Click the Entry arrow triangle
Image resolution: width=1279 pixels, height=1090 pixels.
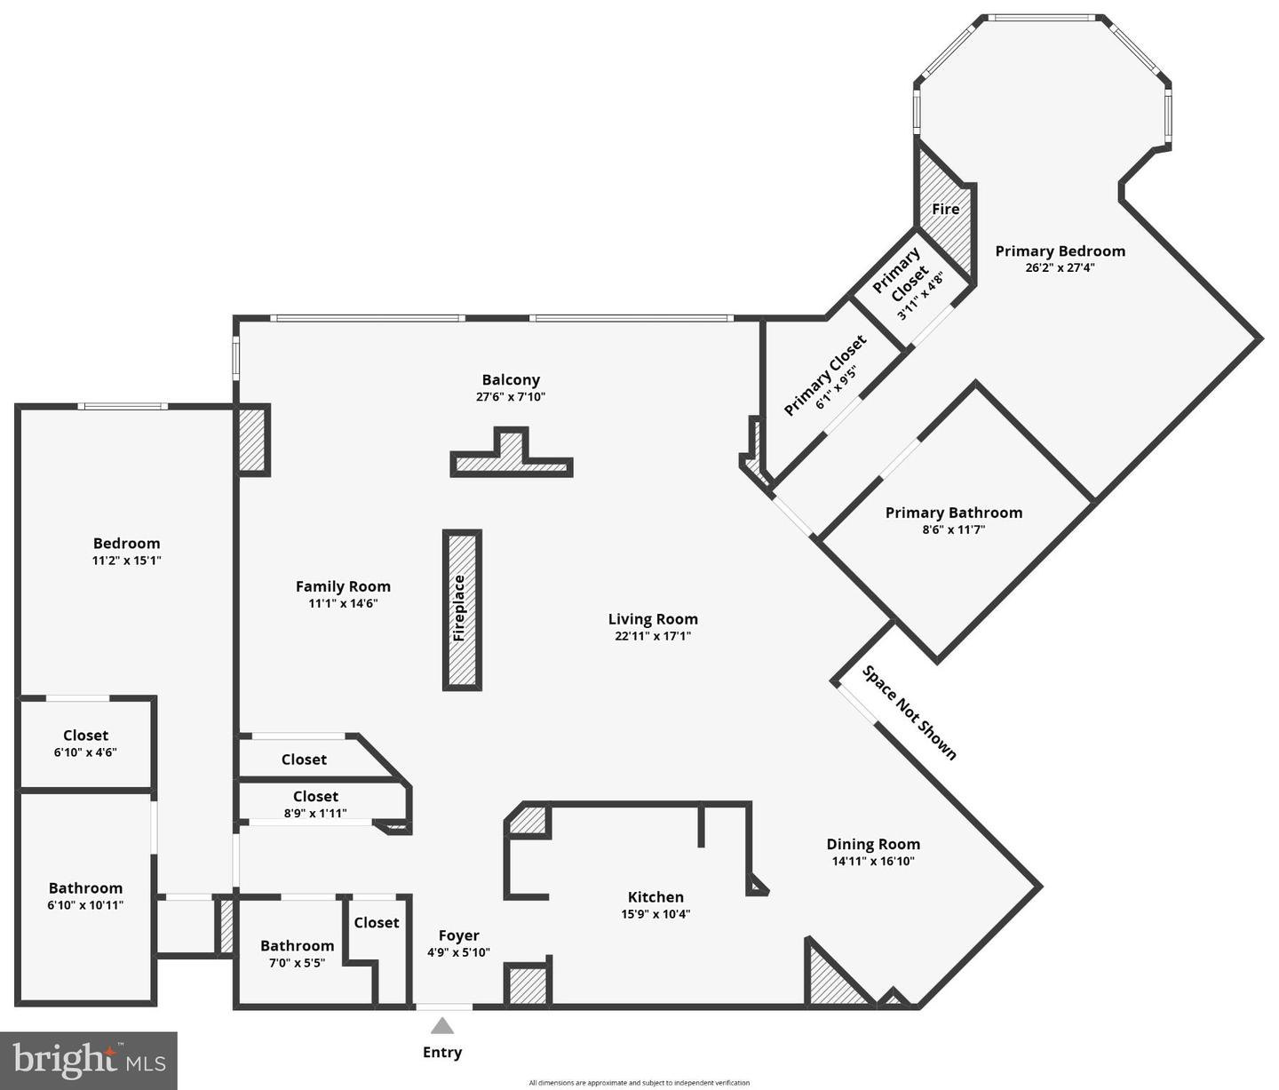[442, 1027]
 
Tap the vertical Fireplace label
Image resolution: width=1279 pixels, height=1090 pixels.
[459, 609]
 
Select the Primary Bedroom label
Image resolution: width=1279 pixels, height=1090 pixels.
[1060, 251]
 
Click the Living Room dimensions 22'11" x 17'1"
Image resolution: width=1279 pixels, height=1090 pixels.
[653, 636]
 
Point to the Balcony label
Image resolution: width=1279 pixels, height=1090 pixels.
[511, 380]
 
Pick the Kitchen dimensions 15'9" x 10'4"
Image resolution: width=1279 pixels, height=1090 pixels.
[655, 914]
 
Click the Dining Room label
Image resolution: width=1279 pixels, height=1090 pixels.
[873, 844]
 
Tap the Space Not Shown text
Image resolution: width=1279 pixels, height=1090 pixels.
[910, 713]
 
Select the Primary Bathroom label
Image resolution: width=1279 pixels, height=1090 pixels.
[953, 513]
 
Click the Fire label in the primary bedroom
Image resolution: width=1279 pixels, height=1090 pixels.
[945, 209]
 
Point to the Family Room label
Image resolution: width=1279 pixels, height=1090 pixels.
[343, 586]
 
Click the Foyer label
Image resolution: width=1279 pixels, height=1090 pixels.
[458, 935]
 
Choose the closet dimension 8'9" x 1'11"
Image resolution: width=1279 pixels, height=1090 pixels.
[315, 813]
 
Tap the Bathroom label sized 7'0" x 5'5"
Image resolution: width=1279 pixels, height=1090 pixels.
[297, 946]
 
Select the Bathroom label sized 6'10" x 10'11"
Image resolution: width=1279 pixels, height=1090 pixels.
[85, 888]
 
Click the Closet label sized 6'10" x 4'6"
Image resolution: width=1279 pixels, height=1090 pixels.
[85, 736]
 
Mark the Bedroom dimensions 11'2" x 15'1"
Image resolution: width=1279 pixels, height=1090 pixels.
[126, 561]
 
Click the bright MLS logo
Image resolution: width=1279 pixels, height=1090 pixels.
[89, 1060]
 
